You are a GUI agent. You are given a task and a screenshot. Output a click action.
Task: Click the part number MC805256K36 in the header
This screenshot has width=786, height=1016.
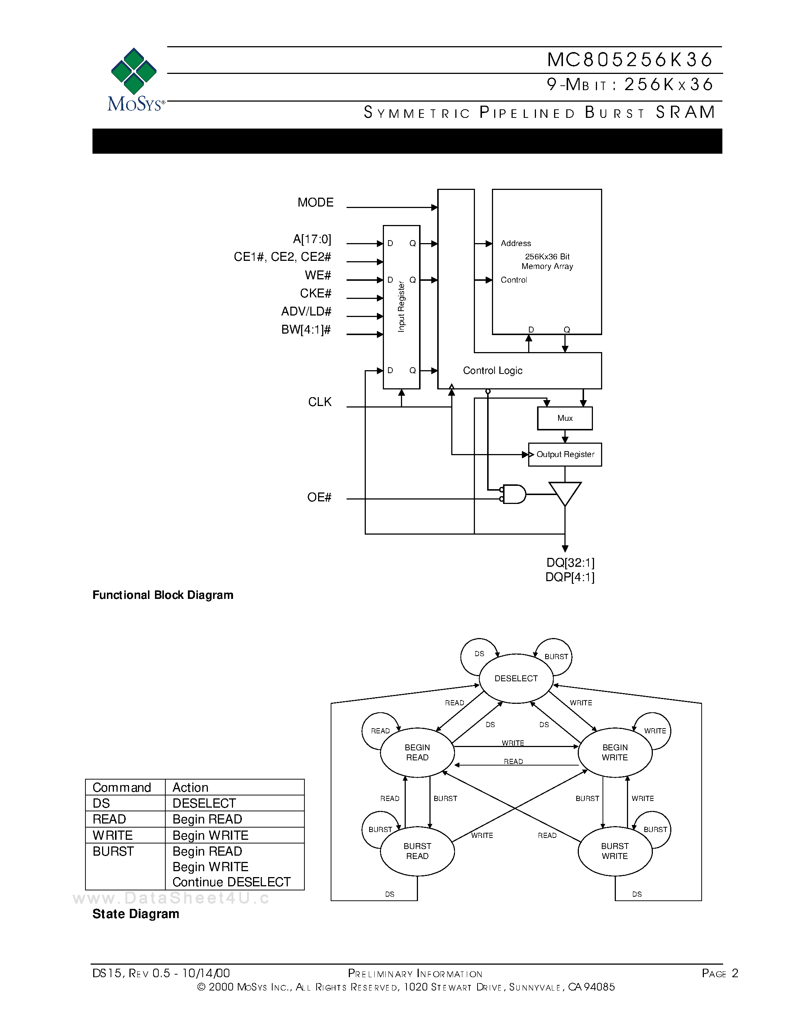pos(630,59)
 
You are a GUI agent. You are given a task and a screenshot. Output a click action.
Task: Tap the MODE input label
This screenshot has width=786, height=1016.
pos(315,202)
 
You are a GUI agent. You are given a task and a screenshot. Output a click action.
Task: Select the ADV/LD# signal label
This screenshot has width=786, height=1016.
pos(306,311)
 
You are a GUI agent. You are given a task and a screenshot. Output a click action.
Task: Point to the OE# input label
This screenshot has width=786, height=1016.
pos(319,497)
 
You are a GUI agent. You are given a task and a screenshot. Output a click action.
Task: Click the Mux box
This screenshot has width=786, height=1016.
pos(564,418)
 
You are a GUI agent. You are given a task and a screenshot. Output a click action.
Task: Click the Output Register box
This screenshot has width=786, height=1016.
pos(565,454)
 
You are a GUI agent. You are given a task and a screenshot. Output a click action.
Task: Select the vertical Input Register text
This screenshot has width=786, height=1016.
pos(401,307)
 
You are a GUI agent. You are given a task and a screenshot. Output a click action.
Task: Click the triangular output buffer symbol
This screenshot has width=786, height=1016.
pos(564,492)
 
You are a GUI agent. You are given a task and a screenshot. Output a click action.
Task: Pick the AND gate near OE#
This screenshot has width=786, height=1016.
pos(514,494)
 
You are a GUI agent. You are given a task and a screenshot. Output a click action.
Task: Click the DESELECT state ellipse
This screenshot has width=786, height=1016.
pos(516,678)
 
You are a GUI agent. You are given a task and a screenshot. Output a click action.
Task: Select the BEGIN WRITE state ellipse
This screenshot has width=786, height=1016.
pos(615,752)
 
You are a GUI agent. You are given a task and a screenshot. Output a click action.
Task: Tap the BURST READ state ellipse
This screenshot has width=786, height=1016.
pos(417,851)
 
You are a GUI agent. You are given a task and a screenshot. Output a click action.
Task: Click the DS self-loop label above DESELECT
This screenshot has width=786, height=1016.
pos(479,654)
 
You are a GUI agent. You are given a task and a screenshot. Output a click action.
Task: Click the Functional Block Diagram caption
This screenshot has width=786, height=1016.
pos(162,595)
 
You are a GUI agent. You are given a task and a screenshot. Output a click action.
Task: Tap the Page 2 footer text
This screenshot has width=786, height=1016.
pos(719,973)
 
